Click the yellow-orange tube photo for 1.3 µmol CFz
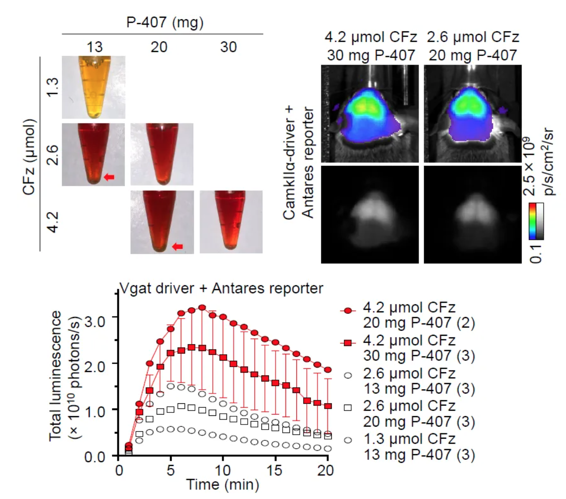pos(94,87)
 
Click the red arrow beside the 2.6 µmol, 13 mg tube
pos(109,177)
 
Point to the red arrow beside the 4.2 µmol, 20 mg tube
pos(177,246)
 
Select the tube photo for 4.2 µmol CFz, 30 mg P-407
pos(231,222)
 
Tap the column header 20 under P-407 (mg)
pos(159,47)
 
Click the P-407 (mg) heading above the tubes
pos(164,22)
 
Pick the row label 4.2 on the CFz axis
pos(53,222)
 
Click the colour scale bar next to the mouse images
pos(536,221)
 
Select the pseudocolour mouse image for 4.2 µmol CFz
pos(370,114)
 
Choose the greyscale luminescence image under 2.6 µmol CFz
pos(472,215)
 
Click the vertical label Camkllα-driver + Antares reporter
pos(298,163)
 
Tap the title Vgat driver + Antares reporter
pos(221,288)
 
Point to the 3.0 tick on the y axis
pos(94,321)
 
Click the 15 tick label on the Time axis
pos(274,470)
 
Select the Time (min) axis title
pos(223,485)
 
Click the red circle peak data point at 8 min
pos(202,308)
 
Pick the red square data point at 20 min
pos(328,406)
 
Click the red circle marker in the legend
pos(348,311)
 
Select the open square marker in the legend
pos(348,408)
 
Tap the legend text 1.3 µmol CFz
pos(409,439)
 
